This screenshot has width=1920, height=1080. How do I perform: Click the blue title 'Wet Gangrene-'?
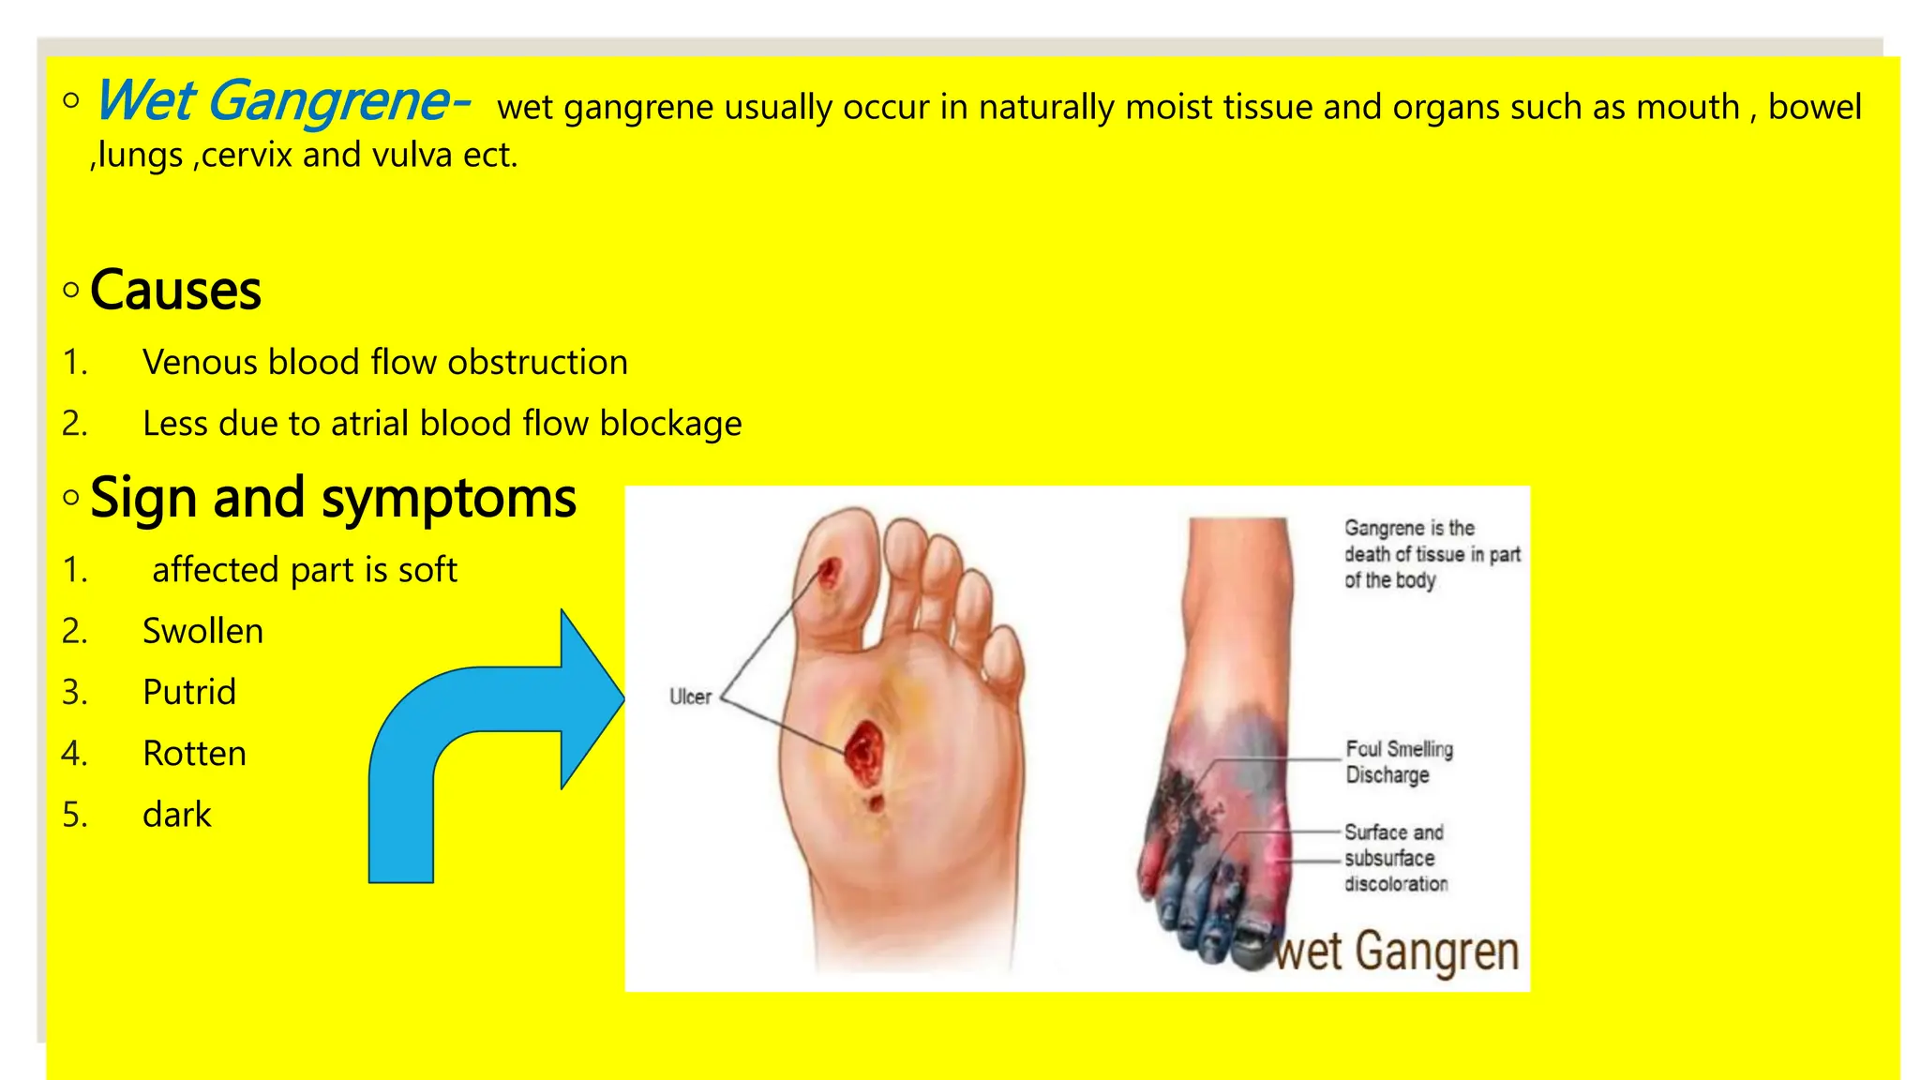tap(281, 102)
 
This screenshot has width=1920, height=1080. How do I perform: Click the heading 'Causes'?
tap(175, 291)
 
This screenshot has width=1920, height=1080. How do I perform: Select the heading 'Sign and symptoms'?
tap(333, 498)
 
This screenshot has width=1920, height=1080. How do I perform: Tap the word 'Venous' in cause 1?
tap(199, 363)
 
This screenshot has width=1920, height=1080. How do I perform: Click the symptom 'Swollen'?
tap(202, 631)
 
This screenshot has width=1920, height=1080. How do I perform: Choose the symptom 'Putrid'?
tap(189, 692)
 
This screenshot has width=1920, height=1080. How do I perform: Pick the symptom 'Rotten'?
tap(194, 754)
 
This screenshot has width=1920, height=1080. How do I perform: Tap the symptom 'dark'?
tap(176, 815)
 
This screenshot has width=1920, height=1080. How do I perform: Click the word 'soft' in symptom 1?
tap(427, 570)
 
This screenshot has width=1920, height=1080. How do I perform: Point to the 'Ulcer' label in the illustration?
tap(690, 697)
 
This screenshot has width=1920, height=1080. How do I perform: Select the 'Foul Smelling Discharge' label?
tap(1399, 761)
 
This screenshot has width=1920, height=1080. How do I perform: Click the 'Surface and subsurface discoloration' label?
tap(1395, 858)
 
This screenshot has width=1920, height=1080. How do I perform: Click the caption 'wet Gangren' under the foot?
tap(1397, 952)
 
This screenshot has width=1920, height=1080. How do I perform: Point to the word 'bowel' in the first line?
tap(1814, 107)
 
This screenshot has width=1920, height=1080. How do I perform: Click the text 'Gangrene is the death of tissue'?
tap(1431, 553)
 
